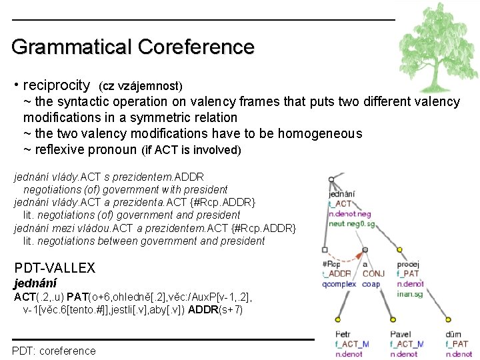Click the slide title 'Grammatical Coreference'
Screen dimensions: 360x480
[133, 47]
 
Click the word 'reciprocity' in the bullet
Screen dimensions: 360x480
[56, 85]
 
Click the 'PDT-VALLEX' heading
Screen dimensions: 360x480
[55, 268]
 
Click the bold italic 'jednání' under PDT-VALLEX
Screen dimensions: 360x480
[35, 283]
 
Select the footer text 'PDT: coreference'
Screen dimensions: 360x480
[54, 351]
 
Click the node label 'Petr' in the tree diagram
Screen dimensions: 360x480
[343, 334]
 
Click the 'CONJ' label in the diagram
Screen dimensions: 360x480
[374, 273]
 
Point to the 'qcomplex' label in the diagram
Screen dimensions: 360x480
[339, 283]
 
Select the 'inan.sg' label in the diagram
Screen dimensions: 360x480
[409, 293]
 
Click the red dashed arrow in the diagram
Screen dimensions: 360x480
[343, 257]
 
